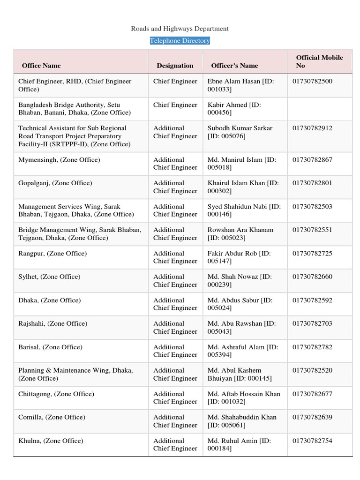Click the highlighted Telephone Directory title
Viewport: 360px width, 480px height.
pos(180,41)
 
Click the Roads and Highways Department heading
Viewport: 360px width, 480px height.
pos(180,29)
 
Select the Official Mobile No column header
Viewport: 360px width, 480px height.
pos(319,61)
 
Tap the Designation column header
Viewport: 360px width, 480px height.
pos(175,66)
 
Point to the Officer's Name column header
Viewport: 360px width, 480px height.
pos(234,66)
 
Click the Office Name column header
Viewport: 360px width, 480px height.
pos(41,66)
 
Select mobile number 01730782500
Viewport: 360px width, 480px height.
pos(312,81)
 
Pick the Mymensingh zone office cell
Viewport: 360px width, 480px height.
pos(59,160)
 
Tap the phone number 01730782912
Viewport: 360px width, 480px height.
pos(312,128)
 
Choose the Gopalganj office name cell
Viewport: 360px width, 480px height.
pos(55,183)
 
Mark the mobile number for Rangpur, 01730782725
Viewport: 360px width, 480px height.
pos(312,254)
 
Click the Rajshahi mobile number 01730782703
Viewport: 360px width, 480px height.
pos(312,324)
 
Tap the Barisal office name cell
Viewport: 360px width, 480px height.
pos(50,347)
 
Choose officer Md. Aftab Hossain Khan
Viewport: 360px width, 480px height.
pos(244,394)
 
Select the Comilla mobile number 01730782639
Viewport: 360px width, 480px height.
pos(312,418)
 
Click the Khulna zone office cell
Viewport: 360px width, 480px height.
pos(51,441)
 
